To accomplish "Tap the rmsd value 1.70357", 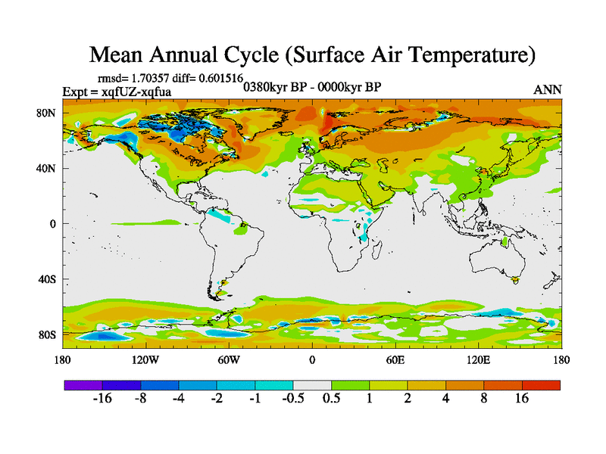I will pos(159,77).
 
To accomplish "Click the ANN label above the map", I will pos(548,89).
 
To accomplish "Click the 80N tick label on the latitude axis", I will pos(47,113).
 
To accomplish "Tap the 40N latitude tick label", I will pos(47,168).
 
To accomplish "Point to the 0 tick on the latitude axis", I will pos(53,224).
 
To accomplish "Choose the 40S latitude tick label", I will pos(47,279).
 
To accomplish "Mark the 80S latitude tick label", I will pos(47,334).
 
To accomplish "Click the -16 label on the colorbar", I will pos(102,400).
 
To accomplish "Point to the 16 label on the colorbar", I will pos(522,400).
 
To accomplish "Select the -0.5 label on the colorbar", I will pos(291,400).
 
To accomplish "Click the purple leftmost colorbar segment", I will pos(83,384).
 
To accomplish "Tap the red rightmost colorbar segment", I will pos(541,384).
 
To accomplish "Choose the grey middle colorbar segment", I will pos(312,384).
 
